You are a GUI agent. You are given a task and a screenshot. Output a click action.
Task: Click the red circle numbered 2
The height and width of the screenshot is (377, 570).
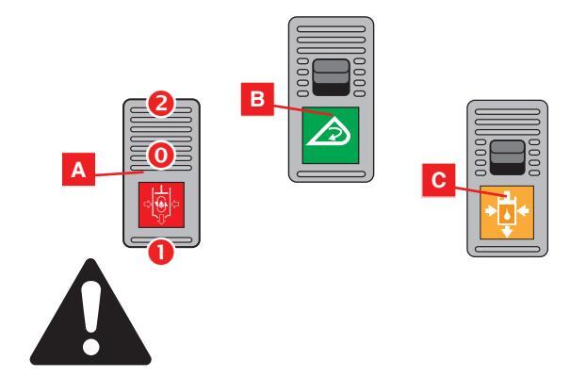coord(161,106)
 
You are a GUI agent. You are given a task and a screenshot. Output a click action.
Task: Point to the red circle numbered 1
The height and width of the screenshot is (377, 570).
coord(160,253)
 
